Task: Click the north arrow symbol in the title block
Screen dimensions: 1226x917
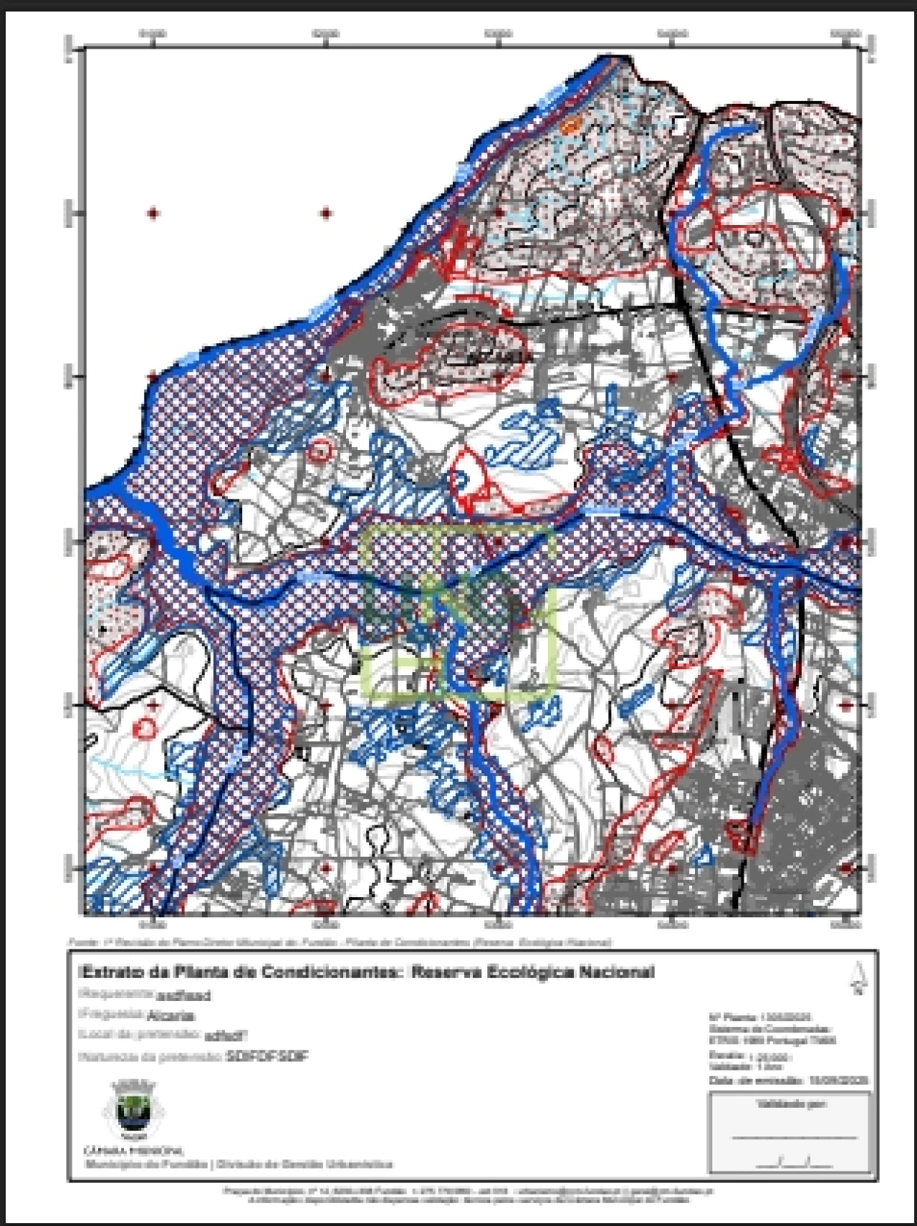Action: tap(857, 979)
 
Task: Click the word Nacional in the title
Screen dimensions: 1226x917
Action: tap(621, 972)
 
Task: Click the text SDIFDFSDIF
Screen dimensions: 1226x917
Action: tap(267, 1057)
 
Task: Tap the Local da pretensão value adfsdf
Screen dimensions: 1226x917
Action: tap(226, 1035)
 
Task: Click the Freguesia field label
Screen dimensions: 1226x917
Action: tap(110, 1015)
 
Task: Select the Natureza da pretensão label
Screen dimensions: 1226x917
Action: tap(150, 1057)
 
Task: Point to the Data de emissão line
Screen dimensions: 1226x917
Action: tap(788, 1080)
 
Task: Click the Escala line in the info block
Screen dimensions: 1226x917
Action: tap(749, 1056)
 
